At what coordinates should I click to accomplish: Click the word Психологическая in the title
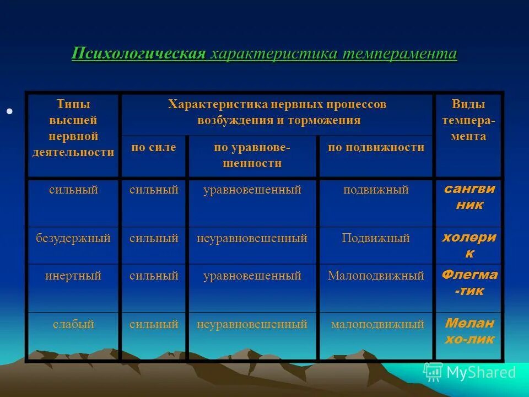point(139,54)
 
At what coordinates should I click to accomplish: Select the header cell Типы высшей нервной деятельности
point(73,128)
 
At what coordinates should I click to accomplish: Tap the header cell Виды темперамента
point(468,121)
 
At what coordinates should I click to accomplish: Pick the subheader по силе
point(154,148)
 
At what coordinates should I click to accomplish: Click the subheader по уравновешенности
point(252,155)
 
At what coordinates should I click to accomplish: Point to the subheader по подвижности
point(376,148)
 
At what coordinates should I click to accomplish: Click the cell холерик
point(468,245)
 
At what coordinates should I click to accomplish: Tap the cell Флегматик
point(468,283)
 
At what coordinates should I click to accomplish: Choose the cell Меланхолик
point(468,331)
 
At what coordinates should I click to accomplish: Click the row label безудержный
point(73,239)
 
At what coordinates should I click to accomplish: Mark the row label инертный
point(73,276)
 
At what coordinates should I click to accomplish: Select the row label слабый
point(73,325)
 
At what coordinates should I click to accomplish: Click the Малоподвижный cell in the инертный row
point(376,276)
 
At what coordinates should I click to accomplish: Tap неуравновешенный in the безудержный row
point(252,239)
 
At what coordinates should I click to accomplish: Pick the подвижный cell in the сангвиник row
point(376,190)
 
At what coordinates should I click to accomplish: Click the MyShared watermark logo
point(469,372)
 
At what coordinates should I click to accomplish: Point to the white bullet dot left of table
point(9,112)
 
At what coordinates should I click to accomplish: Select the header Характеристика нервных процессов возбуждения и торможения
point(277,112)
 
